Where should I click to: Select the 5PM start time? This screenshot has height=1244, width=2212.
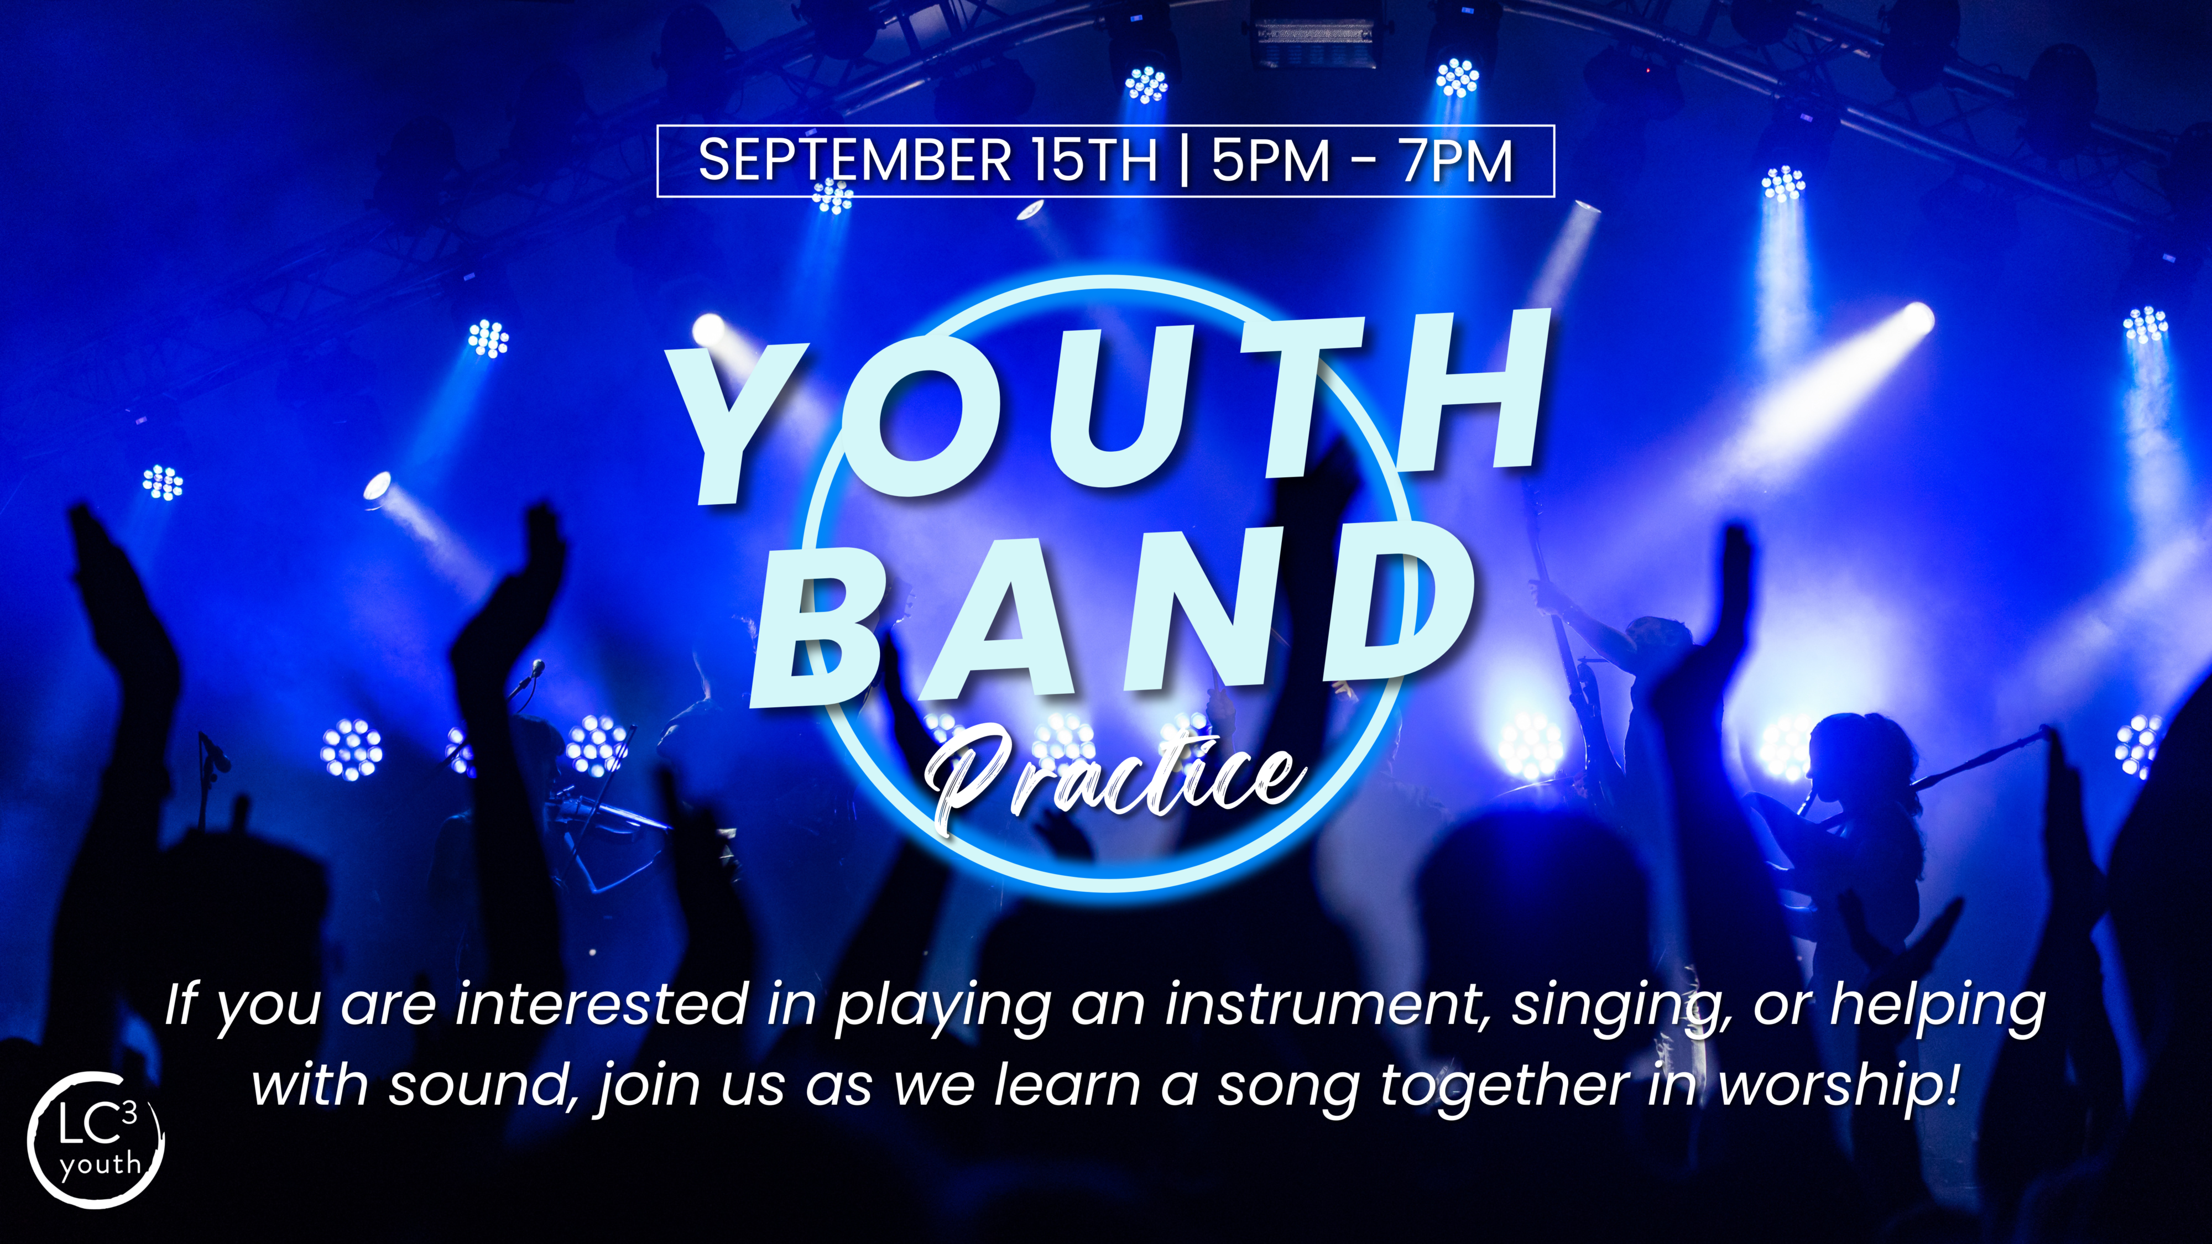coord(1271,160)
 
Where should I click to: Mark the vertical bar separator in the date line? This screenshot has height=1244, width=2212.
coord(1185,160)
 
